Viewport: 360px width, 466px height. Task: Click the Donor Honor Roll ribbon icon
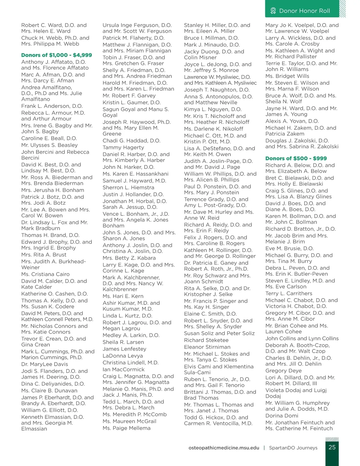(x=273, y=11)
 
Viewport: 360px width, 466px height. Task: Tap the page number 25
(x=332, y=447)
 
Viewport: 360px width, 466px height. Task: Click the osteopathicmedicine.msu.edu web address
(x=224, y=448)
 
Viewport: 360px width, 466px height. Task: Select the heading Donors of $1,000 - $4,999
(x=56, y=55)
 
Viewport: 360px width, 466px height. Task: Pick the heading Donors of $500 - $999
(x=296, y=158)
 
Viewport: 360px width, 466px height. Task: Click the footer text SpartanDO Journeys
(x=293, y=448)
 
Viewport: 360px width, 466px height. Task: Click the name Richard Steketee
(x=206, y=340)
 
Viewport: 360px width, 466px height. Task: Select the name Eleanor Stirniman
(x=207, y=347)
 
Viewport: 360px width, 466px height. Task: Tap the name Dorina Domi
(x=282, y=416)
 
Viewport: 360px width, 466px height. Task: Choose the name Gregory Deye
(x=283, y=371)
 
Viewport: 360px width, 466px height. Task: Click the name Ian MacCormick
(x=123, y=369)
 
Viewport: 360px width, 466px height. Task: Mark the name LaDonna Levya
(x=122, y=356)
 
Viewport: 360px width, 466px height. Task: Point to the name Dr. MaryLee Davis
(x=44, y=364)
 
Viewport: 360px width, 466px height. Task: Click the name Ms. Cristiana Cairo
(x=45, y=274)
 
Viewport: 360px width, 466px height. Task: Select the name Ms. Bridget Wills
(x=287, y=76)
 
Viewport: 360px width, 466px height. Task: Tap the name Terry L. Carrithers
(x=289, y=293)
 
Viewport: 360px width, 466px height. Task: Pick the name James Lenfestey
(x=124, y=349)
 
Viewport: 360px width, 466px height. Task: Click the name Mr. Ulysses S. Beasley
(x=49, y=145)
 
